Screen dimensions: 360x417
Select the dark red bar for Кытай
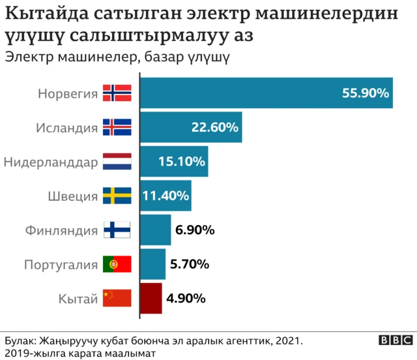(x=151, y=299)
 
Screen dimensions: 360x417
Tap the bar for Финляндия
(x=156, y=230)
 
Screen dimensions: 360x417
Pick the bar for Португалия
(x=153, y=264)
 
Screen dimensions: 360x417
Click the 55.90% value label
(x=366, y=93)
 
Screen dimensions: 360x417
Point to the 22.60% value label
(x=214, y=127)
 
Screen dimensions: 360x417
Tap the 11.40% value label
(x=165, y=195)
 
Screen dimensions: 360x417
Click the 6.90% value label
(x=195, y=230)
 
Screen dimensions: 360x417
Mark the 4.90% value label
(x=186, y=299)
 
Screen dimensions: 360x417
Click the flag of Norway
(x=117, y=93)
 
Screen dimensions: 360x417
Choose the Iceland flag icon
(x=117, y=127)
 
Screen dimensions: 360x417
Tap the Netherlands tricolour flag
(x=117, y=161)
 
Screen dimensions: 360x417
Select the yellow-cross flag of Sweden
(x=117, y=196)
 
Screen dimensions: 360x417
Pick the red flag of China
(x=117, y=299)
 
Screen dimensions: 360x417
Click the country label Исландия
(x=67, y=127)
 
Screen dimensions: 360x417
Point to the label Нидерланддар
(x=50, y=161)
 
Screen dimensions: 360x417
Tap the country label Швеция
(x=73, y=196)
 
